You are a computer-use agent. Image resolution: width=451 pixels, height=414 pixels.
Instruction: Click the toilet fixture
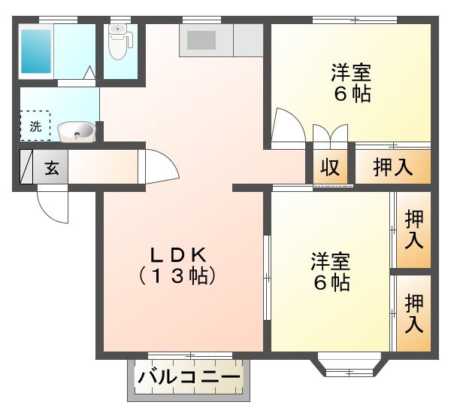pyautogui.click(x=119, y=41)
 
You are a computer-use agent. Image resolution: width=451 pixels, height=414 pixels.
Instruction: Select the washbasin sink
pyautogui.click(x=76, y=132)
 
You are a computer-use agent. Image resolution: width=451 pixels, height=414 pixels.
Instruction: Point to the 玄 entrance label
pyautogui.click(x=51, y=169)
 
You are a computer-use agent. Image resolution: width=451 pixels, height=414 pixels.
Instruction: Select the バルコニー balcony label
pyautogui.click(x=190, y=375)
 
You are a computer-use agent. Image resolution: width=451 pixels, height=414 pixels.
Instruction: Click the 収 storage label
pyautogui.click(x=328, y=167)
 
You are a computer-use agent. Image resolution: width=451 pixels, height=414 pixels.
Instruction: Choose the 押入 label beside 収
pyautogui.click(x=393, y=167)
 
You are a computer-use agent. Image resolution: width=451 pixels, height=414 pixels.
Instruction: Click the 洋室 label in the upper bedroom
pyautogui.click(x=351, y=74)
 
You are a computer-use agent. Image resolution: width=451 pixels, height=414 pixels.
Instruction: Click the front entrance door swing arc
pyautogui.click(x=53, y=205)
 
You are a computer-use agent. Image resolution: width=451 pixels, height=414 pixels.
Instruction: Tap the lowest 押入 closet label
pyautogui.click(x=413, y=313)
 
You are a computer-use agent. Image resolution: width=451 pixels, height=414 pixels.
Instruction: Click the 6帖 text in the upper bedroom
pyautogui.click(x=351, y=96)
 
